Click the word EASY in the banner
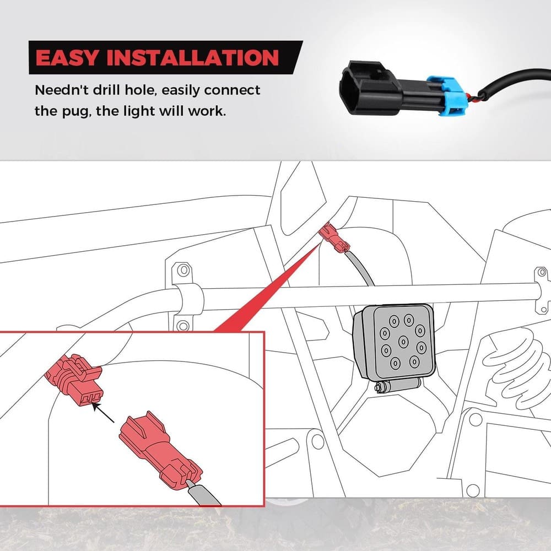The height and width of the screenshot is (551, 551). pos(67,58)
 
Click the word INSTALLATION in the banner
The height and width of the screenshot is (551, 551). pos(192,58)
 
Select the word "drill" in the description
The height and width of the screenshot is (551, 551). pos(106,90)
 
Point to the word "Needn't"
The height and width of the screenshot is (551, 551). pos(62,90)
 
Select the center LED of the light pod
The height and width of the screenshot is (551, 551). pos(403,341)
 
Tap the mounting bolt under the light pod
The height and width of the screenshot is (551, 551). pos(397,387)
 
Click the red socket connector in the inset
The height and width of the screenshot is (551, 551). pos(74,380)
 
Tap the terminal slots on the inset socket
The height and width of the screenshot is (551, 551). pos(90,398)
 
